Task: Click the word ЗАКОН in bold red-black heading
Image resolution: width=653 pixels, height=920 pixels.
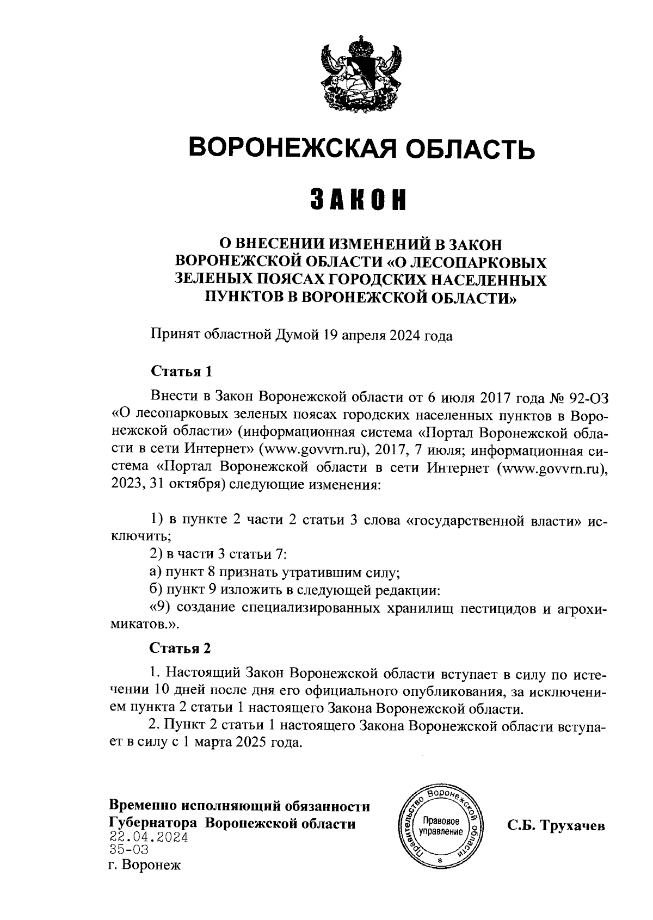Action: pos(359,200)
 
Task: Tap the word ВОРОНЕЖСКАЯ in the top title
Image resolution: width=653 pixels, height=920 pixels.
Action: pos(282,147)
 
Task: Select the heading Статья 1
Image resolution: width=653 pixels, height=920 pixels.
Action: pos(180,372)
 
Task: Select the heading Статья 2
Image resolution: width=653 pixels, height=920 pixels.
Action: pos(180,648)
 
